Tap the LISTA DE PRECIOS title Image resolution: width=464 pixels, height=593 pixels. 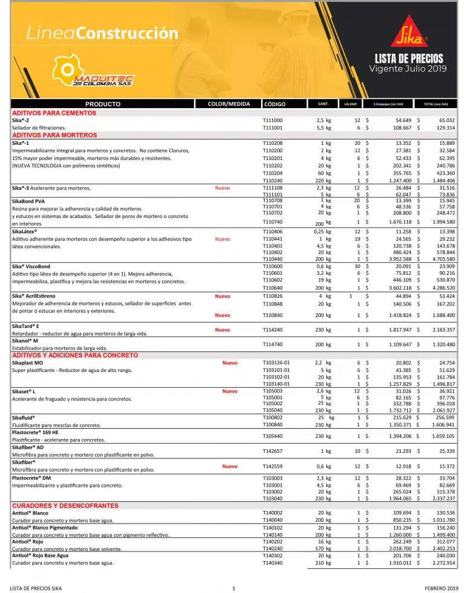(409, 59)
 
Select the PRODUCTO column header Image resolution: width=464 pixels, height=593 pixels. (103, 104)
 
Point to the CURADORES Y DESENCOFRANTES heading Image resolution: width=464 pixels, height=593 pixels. (65, 505)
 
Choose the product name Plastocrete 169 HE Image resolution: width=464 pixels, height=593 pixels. (35, 433)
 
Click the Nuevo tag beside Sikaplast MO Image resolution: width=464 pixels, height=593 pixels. (230, 363)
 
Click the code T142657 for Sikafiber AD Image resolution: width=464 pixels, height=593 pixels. (272, 450)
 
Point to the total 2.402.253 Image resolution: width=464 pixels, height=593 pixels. (443, 548)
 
